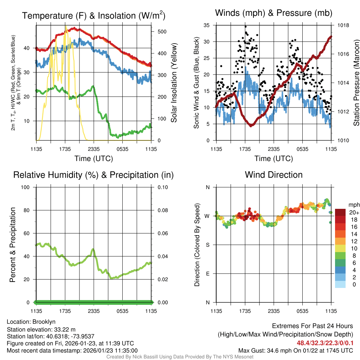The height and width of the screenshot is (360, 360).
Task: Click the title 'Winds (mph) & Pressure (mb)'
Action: tap(274, 13)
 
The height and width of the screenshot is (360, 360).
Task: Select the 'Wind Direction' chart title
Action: tap(274, 175)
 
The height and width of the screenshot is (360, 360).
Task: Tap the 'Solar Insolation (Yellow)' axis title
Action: tap(174, 83)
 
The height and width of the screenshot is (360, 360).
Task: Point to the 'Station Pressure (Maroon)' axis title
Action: tap(356, 83)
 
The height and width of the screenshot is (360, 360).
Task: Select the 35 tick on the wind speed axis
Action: tap(207, 25)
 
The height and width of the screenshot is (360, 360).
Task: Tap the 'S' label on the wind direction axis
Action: tap(207, 245)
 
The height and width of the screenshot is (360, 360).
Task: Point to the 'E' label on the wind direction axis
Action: tap(207, 274)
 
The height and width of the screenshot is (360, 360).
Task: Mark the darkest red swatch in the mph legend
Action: tap(340, 212)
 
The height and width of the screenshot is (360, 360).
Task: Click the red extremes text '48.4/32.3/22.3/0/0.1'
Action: tap(325, 343)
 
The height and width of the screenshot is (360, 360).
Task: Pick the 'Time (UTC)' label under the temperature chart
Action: tap(94, 159)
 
